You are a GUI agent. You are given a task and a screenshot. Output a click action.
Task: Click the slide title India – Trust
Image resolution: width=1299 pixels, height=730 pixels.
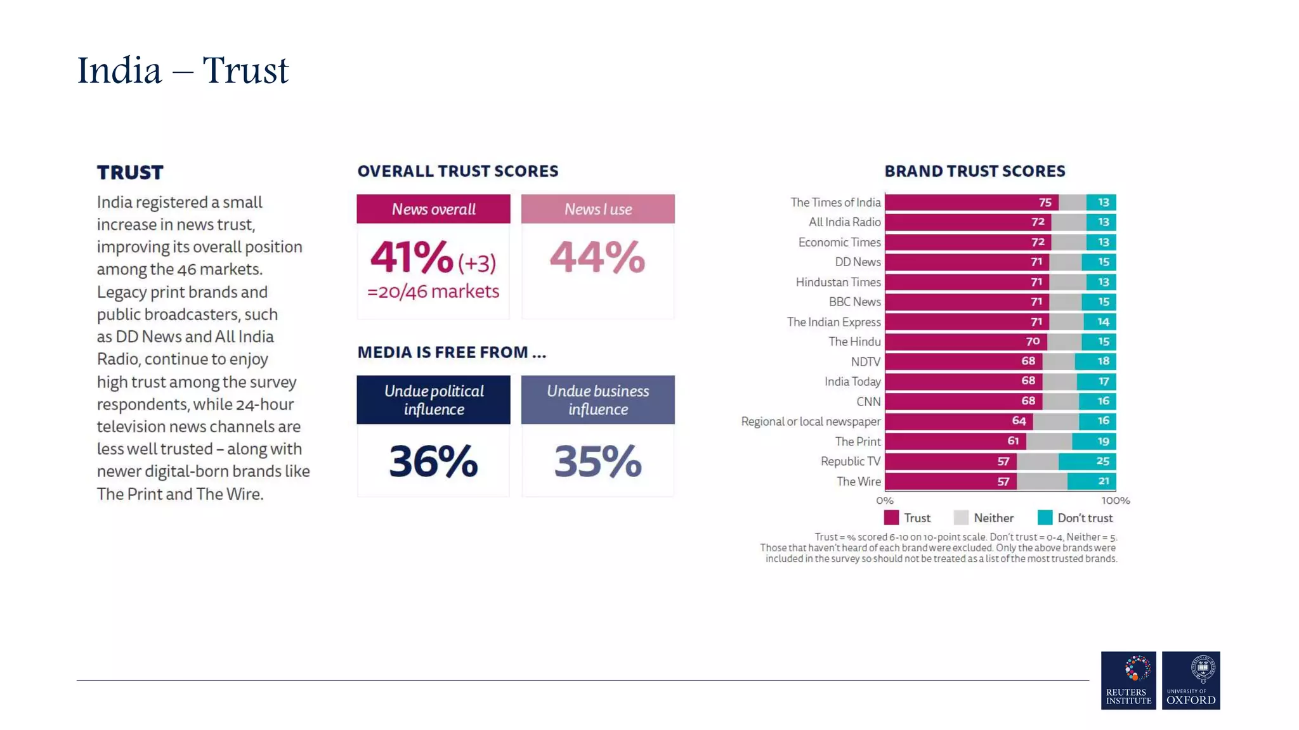coord(183,70)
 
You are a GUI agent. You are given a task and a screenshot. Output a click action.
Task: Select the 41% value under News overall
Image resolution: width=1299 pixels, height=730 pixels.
coord(411,257)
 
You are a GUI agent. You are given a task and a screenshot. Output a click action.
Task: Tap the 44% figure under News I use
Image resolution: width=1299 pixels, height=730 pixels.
coord(597,257)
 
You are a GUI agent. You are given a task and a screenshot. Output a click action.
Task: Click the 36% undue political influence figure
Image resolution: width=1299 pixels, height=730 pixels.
coord(433,461)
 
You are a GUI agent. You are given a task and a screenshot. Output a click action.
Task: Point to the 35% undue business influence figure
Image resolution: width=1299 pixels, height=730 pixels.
coord(597,461)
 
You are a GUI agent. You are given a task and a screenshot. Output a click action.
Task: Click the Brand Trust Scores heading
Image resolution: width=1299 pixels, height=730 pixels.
coord(974,171)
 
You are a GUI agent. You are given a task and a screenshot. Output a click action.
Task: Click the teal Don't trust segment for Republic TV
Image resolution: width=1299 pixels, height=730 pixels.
coord(1087,461)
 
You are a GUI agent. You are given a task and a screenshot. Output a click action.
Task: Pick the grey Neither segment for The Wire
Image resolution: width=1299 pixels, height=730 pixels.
coord(1041,482)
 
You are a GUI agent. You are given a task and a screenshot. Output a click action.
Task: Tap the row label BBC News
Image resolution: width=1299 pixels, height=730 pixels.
coord(854,302)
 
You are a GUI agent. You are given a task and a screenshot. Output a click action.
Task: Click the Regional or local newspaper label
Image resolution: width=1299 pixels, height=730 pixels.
coord(810,421)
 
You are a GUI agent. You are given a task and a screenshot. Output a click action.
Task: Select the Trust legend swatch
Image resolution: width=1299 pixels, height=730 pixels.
coord(891,518)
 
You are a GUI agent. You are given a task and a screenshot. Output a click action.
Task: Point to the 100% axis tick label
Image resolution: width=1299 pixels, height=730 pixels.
coord(1115,501)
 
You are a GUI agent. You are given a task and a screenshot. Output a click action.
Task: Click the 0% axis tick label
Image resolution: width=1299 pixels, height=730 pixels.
coord(885,501)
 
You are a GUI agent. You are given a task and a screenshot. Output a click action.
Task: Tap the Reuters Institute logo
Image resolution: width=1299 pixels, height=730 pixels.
coord(1128,680)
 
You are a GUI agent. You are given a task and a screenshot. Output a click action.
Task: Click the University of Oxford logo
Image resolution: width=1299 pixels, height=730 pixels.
coord(1191,680)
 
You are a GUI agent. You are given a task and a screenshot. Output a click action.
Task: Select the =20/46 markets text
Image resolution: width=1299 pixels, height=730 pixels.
coord(433,291)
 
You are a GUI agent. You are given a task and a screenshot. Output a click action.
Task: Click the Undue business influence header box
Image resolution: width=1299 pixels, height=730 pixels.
coord(597,400)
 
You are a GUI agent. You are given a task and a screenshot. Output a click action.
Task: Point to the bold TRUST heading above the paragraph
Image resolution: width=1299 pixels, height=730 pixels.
coord(130,172)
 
